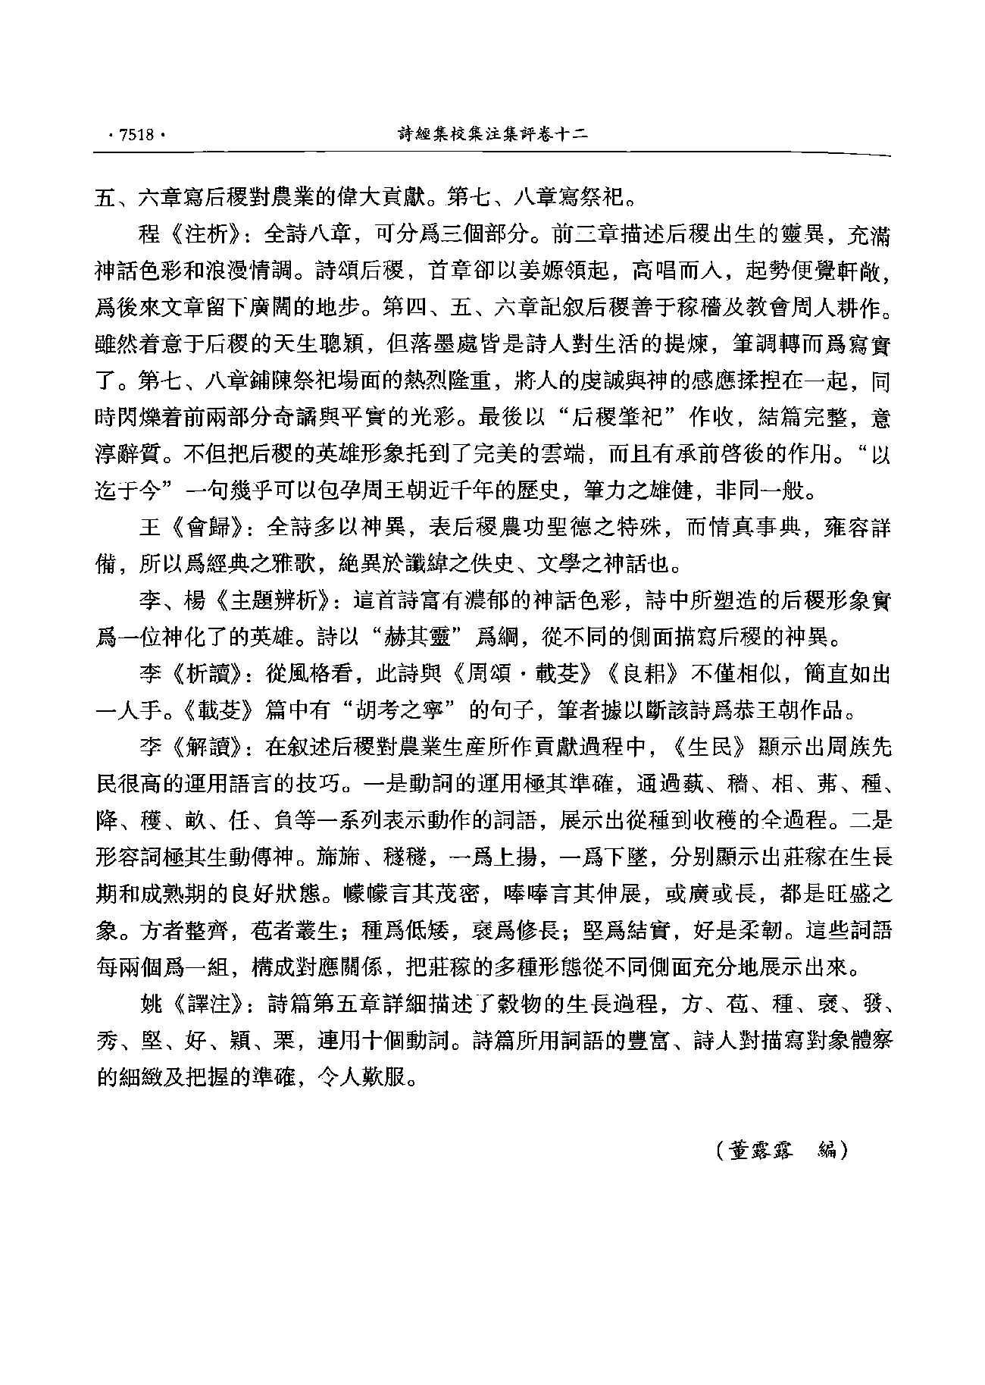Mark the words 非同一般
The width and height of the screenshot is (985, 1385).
[766, 491]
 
